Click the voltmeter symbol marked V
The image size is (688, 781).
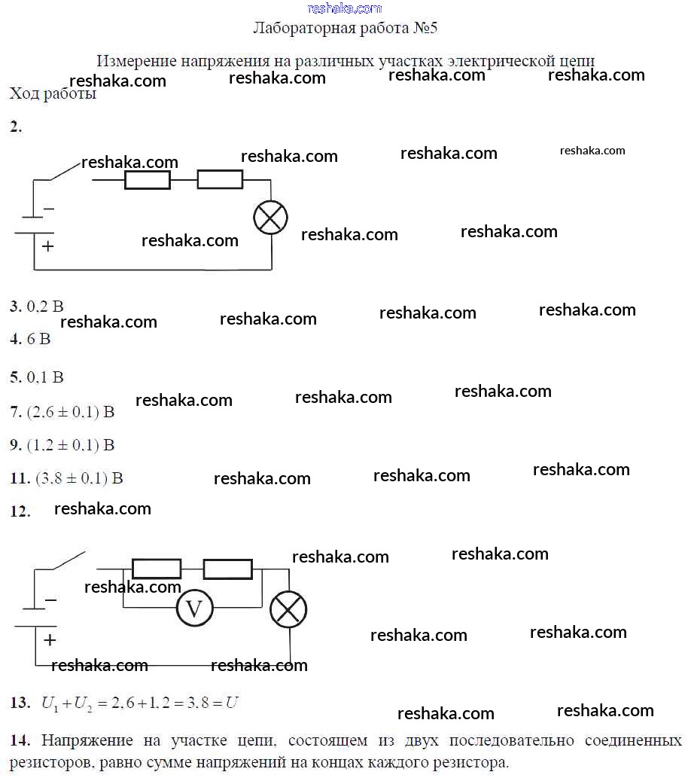pos(195,608)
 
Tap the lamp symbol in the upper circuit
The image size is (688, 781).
pos(271,218)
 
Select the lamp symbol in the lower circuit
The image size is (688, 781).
pos(288,608)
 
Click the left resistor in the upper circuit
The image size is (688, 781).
pos(147,180)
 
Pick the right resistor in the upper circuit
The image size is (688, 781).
pos(220,180)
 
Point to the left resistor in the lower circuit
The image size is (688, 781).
pos(157,569)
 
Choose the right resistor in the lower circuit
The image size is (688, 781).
pos(228,569)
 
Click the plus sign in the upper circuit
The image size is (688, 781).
pos(48,246)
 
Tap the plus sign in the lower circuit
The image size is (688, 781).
pos(50,640)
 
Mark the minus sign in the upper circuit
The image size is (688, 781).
pos(49,209)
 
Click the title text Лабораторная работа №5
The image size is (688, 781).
pos(346,29)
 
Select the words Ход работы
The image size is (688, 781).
pos(53,94)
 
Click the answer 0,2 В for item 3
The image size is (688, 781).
pos(45,307)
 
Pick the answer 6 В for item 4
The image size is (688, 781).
pos(38,339)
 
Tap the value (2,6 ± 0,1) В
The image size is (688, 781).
pos(71,412)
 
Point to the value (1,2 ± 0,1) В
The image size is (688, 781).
pos(71,445)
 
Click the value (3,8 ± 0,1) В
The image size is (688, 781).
pos(79,477)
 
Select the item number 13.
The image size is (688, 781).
pos(20,703)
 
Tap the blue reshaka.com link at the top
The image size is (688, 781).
pos(345,8)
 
